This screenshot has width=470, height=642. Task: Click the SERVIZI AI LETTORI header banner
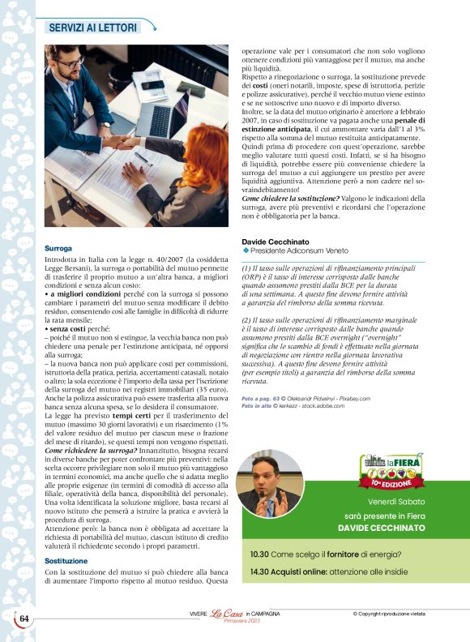[93, 27]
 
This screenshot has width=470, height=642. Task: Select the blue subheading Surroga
[58, 248]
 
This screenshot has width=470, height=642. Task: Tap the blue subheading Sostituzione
[66, 561]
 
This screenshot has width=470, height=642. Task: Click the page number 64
[25, 618]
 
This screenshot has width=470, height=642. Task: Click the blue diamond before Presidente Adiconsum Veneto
[245, 253]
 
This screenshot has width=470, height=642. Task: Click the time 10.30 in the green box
[260, 554]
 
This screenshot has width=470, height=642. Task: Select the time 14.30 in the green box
[260, 571]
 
